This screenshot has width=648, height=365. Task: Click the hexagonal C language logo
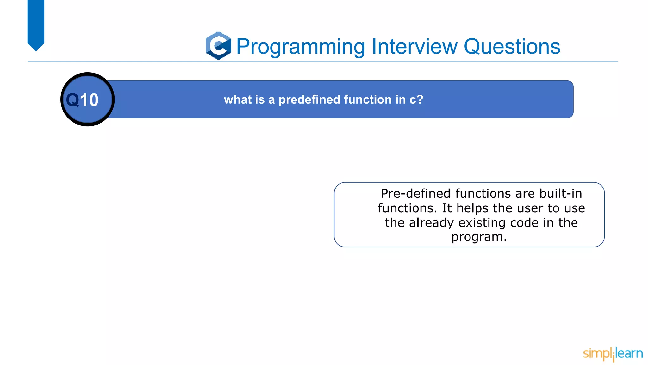218,46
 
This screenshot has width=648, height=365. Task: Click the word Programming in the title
301,47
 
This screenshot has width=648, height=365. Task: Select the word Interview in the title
414,46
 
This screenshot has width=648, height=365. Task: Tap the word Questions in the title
512,47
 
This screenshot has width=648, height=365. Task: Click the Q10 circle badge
88,99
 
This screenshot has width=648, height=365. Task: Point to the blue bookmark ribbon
36,24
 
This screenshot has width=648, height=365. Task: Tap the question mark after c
420,99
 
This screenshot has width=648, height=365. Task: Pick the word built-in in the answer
560,194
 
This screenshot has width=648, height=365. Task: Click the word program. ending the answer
479,237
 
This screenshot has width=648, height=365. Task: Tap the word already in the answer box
431,223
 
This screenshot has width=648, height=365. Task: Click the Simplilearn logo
613,354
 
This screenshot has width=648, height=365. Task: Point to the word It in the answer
447,208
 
